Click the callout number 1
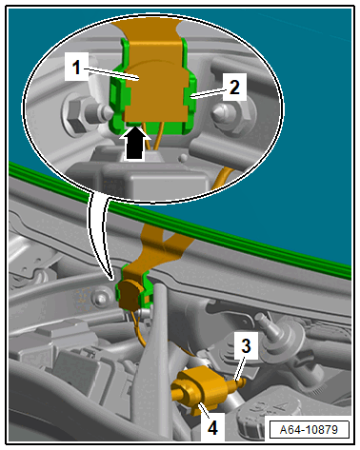76,68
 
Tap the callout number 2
234,88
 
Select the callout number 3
246,345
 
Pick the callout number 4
212,427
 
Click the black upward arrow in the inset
134,143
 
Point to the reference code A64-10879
309,430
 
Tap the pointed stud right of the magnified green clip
224,113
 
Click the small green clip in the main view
135,287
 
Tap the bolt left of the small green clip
100,299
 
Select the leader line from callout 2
208,94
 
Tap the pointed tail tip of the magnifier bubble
111,279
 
